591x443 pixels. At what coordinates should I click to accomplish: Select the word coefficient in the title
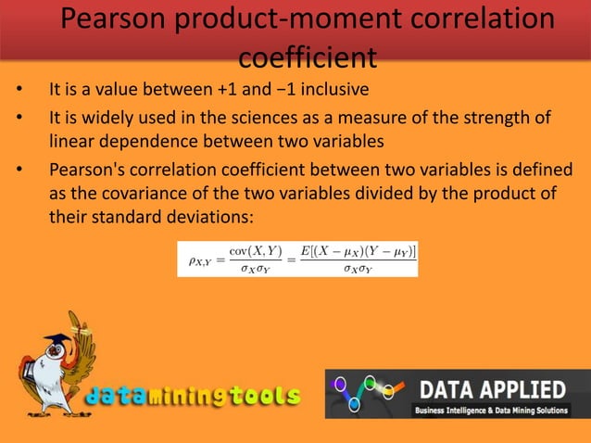pyautogui.click(x=307, y=57)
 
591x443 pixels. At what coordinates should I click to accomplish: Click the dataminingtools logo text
pyautogui.click(x=194, y=397)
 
